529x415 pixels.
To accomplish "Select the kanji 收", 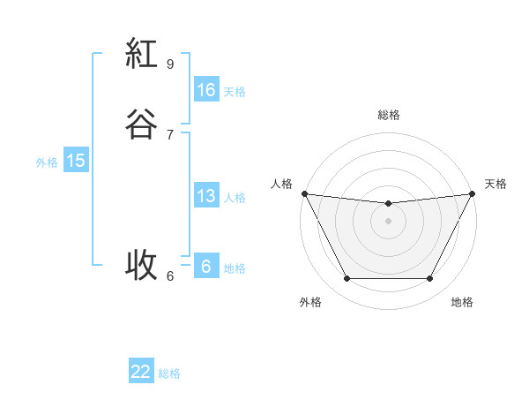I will tap(141, 263).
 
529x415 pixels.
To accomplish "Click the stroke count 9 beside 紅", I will tap(170, 64).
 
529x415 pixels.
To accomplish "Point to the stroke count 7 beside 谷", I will tap(170, 134).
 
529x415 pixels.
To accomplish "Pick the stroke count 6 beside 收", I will tap(170, 275).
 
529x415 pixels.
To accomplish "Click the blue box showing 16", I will tap(205, 90).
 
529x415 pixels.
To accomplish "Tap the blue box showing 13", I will tap(205, 196).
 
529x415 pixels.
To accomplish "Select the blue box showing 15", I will tap(75, 161).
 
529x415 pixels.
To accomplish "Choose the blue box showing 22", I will tap(141, 372).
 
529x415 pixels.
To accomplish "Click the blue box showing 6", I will tap(205, 267).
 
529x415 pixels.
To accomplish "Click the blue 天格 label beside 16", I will tap(235, 92).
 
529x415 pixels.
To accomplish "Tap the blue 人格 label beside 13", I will tap(235, 198).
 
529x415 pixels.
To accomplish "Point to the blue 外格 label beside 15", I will tap(47, 162).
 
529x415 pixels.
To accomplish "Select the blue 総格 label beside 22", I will tap(169, 373).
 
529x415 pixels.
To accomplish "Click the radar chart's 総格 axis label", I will tap(388, 115).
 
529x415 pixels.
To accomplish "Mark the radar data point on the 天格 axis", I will tap(473, 193).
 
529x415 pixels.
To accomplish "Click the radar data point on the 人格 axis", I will tap(304, 193).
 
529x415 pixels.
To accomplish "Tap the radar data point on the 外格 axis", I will tap(346, 279).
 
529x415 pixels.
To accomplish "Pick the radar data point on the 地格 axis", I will tap(430, 279).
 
